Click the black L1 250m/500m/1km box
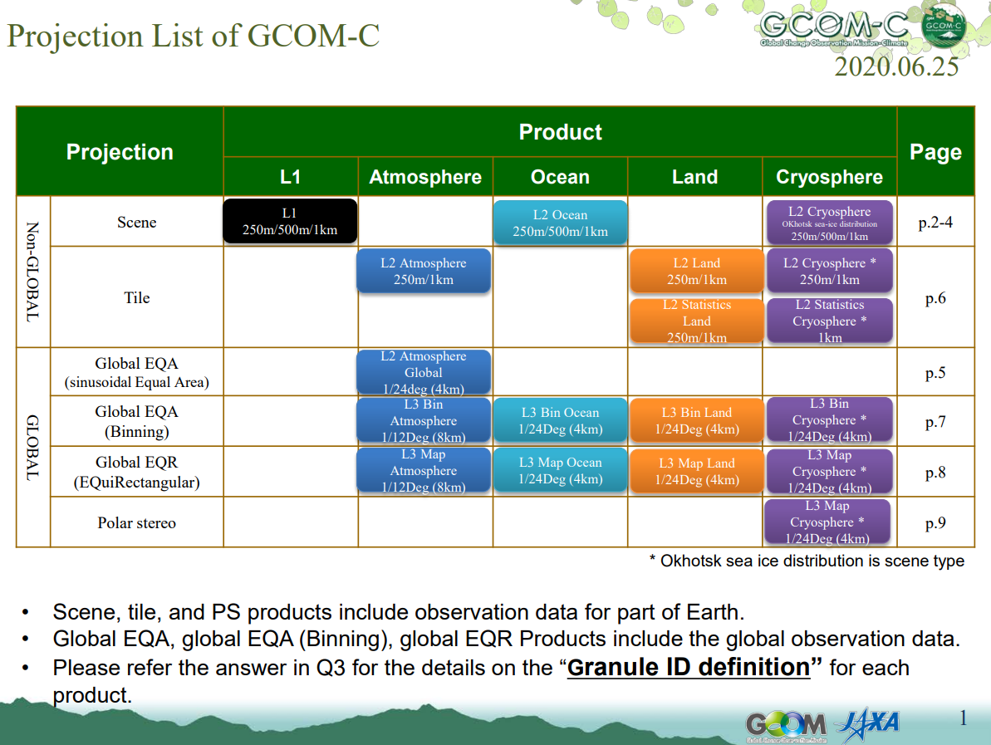290,221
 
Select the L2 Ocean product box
560,223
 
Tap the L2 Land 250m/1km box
696,271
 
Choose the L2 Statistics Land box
696,321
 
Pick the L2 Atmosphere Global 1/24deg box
424,372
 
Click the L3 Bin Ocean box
560,421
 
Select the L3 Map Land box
696,472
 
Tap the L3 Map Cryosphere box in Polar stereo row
827,522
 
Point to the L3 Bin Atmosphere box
424,420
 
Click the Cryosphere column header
829,177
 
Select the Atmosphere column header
425,177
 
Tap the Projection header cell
120,152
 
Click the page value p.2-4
935,223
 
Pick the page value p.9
935,523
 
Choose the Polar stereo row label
136,522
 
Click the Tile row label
136,297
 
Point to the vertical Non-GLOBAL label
33,272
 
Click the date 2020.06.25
896,67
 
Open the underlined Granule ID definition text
689,667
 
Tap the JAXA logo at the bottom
868,724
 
